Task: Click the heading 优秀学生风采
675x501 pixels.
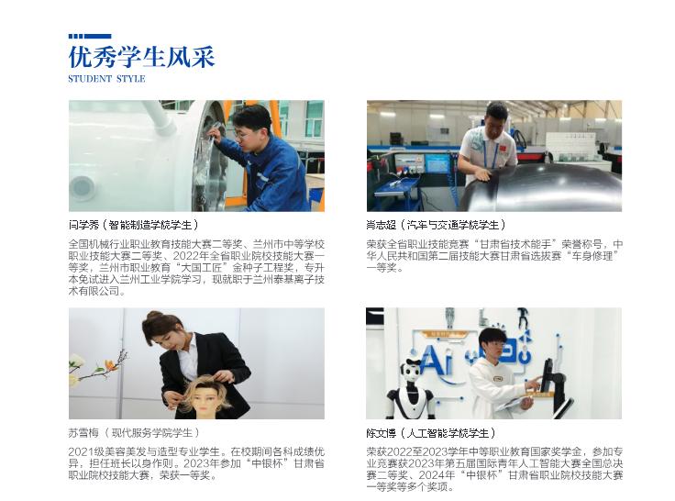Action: click(x=141, y=57)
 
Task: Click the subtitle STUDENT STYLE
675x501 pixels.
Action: click(x=106, y=79)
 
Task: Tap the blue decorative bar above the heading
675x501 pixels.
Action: click(x=90, y=36)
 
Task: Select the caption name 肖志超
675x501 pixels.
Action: click(x=382, y=225)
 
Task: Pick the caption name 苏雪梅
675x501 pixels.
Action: click(x=83, y=432)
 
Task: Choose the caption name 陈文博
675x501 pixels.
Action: click(x=382, y=432)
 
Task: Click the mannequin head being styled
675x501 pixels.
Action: click(x=208, y=397)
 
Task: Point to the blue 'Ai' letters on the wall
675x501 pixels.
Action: click(x=437, y=360)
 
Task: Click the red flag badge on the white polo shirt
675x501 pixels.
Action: click(x=503, y=148)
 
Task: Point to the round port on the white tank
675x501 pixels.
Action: click(x=83, y=187)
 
